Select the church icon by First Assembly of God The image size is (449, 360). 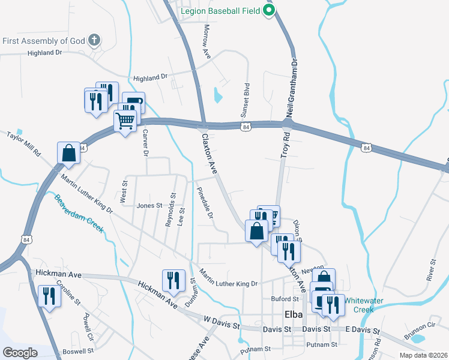tap(94, 41)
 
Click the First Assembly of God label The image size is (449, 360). tap(43, 41)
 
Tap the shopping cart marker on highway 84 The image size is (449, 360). tap(125, 120)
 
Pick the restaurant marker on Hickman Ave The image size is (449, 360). tap(173, 280)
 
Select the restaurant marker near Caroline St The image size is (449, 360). tap(49, 295)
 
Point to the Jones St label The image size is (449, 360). tap(149, 205)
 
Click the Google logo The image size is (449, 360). tap(20, 352)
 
